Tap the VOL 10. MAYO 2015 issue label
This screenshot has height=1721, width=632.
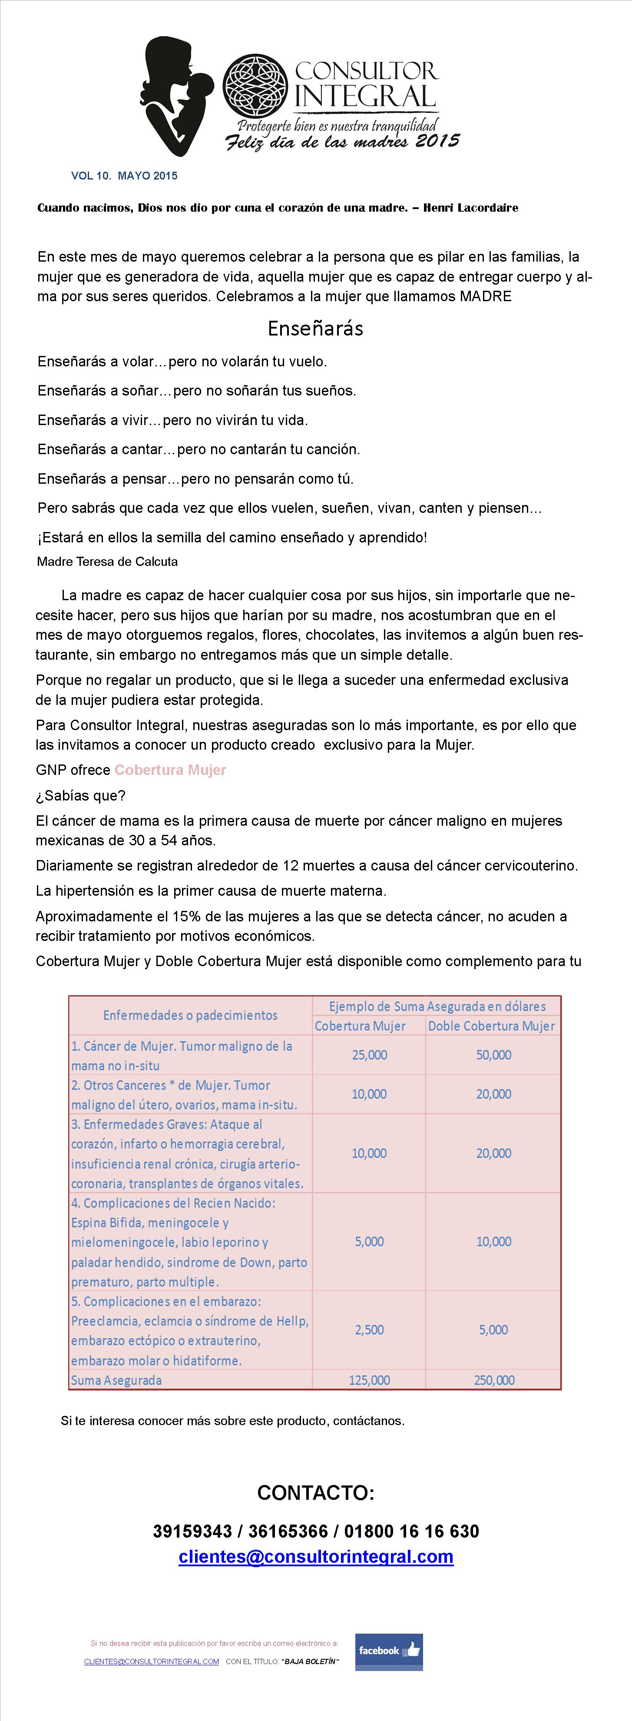tap(124, 176)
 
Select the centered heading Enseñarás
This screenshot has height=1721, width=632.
tap(315, 328)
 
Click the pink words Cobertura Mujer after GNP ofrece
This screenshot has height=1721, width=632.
tap(170, 770)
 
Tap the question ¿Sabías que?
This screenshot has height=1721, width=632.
tap(81, 795)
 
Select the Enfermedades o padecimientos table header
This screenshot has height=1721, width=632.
tap(190, 1015)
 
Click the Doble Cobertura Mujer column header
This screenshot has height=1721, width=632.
tap(492, 1026)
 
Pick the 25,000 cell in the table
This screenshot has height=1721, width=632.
tap(370, 1055)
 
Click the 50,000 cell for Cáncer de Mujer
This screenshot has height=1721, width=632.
tap(494, 1055)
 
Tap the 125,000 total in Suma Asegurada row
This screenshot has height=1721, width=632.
tap(370, 1379)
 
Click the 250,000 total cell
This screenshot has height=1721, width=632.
tap(494, 1379)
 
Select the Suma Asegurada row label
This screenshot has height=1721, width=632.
tap(117, 1379)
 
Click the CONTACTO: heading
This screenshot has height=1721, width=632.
tap(315, 1492)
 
